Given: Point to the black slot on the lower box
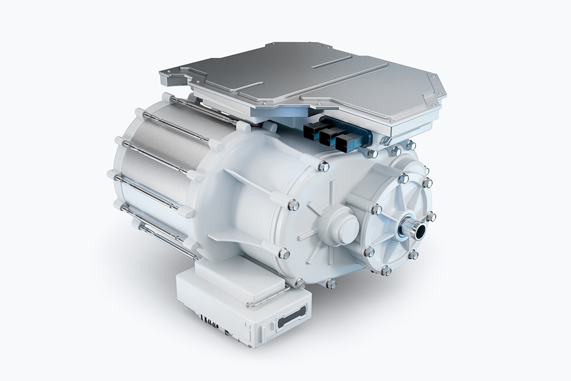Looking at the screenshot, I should (292, 316).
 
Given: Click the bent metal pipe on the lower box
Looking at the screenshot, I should (268, 298).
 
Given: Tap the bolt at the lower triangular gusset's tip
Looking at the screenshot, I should (284, 253).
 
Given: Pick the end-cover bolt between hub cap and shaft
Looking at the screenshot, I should (376, 209).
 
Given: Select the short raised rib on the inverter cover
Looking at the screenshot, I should (331, 61).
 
